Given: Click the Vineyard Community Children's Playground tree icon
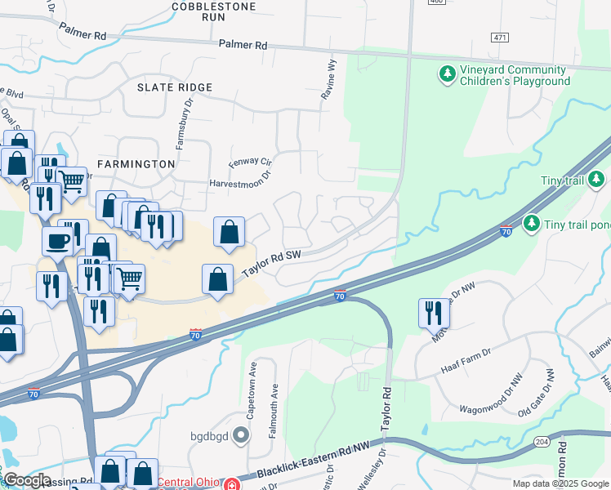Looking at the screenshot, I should (447, 75).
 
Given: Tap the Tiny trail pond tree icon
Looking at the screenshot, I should (532, 222).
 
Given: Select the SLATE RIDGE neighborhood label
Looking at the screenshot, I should (175, 87).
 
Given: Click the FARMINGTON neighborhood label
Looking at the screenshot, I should (136, 164).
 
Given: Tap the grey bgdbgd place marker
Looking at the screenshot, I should (241, 434).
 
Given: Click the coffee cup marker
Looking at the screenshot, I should (57, 242).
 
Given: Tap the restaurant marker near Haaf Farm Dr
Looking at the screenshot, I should (433, 313).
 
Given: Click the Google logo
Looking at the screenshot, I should (26, 480).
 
